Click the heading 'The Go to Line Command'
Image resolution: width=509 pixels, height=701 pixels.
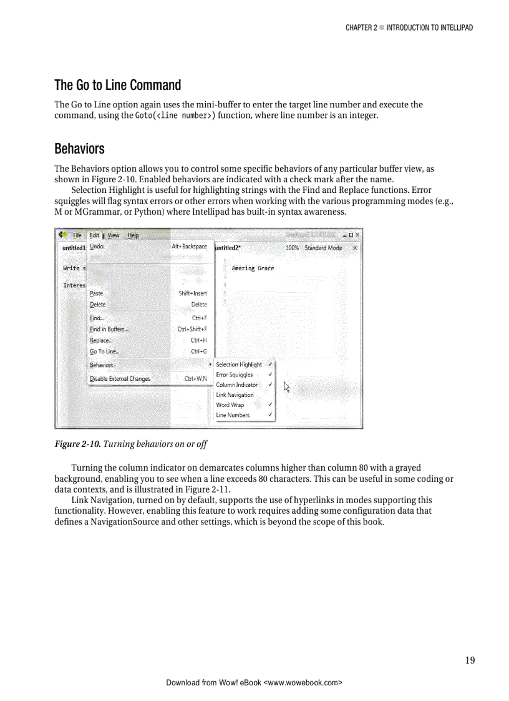(117, 85)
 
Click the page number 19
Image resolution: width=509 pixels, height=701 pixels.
(469, 660)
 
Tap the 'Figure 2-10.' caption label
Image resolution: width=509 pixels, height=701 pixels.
(77, 444)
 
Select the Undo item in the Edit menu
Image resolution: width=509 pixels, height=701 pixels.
(97, 247)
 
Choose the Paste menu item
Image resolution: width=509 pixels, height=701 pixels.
(97, 293)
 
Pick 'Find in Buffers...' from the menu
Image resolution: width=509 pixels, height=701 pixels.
(109, 329)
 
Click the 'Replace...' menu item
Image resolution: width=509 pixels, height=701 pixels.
(101, 340)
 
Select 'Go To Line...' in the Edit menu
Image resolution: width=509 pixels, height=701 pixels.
(105, 351)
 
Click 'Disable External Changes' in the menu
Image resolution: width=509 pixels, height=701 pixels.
(120, 378)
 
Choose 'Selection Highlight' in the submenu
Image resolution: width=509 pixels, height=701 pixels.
(239, 365)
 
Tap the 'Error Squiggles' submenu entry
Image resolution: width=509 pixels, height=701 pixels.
(235, 375)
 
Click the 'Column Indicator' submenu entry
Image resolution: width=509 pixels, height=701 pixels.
(237, 385)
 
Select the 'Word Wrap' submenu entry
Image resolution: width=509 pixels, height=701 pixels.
(230, 404)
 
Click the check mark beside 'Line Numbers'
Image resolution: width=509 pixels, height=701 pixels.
(269, 415)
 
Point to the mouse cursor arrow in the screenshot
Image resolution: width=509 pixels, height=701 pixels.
(286, 386)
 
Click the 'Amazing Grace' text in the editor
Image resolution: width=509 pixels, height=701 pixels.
(253, 268)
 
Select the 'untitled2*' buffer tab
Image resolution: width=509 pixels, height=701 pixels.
(228, 248)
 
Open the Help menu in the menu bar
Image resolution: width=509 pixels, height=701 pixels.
(133, 235)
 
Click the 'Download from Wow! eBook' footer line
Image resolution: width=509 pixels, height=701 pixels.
(254, 682)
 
